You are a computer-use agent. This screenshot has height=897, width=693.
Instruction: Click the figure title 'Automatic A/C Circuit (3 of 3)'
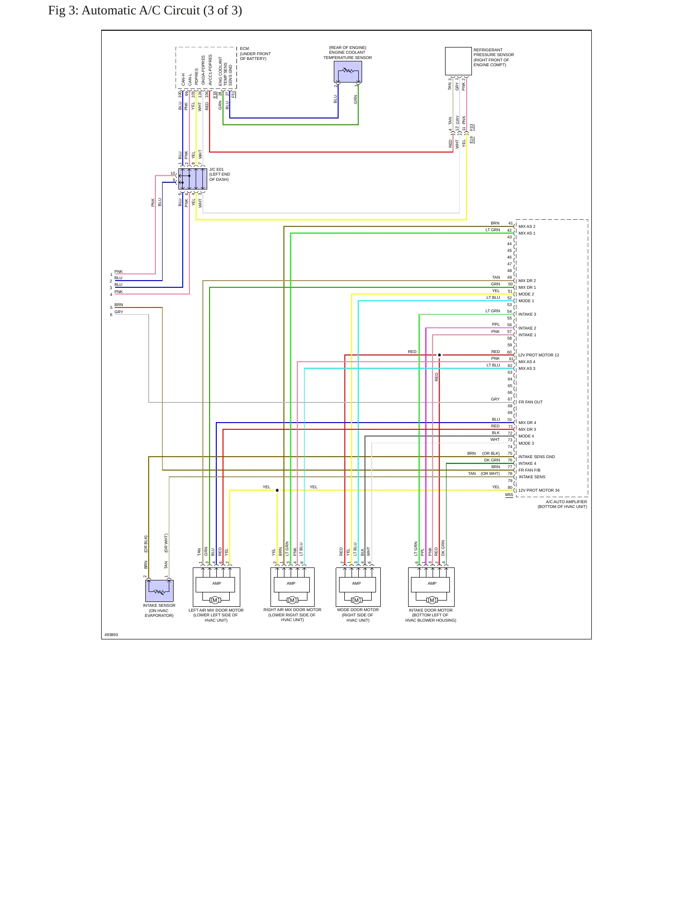pos(162,11)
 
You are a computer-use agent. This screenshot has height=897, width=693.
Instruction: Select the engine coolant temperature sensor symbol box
pos(348,71)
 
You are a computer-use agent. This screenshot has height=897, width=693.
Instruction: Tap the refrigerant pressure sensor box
pos(458,61)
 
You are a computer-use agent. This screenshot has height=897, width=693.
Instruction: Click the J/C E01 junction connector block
pos(193,179)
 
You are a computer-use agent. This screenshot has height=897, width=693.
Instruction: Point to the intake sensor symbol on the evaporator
pos(159,591)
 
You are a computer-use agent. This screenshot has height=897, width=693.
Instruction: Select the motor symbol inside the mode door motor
pos(356,600)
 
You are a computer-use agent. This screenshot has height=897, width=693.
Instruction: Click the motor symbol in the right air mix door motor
pos(292,600)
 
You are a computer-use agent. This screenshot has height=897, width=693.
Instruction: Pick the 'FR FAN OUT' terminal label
pos(530,402)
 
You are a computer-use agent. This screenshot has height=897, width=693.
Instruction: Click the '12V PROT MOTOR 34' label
pos(539,491)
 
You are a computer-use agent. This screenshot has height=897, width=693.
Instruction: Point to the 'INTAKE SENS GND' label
pos(537,457)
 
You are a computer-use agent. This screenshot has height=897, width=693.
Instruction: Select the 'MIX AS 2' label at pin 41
pos(527,227)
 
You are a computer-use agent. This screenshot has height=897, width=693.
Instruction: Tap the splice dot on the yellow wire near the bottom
pos(277,490)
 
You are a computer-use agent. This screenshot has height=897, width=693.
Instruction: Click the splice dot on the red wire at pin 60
pos(439,355)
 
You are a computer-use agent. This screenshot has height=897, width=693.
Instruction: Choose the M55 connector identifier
pos(509,495)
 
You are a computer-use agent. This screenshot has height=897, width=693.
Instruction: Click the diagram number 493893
pos(111,635)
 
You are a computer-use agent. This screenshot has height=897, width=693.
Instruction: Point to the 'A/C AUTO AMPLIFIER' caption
pos(566,502)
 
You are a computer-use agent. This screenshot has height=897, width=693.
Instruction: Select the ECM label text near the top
pos(244,49)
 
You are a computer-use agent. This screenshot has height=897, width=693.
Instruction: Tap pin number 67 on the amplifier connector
pos(510,399)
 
